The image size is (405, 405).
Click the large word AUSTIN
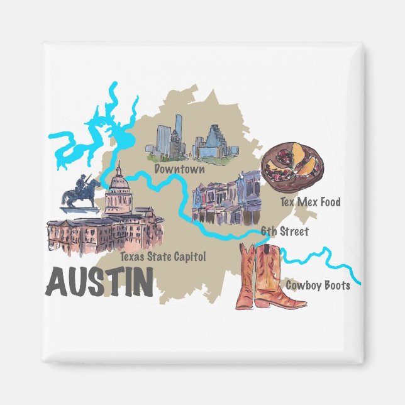[x=100, y=283]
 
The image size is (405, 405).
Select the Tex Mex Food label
[x=311, y=202]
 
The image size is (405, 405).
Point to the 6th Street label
[x=285, y=231]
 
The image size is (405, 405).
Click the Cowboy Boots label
[x=318, y=286]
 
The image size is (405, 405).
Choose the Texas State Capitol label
[x=163, y=257]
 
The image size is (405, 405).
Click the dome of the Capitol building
[x=118, y=189]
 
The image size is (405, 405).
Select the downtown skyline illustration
[x=192, y=141]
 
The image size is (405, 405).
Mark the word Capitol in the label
[x=191, y=257]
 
